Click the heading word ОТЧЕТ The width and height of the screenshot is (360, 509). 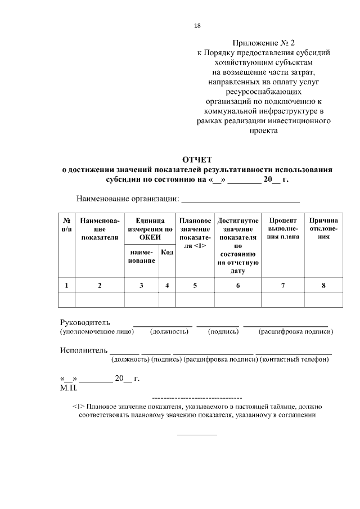coord(197,160)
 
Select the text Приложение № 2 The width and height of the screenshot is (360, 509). coord(263,43)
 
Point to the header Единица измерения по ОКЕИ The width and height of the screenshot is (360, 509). coord(150,229)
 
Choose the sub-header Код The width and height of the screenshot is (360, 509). coord(167,253)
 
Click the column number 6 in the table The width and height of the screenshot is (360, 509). coord(238,285)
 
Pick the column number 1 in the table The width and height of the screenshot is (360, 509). coord(66,285)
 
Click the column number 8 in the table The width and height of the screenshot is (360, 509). coord(323,285)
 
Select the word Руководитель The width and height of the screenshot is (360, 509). coord(85,323)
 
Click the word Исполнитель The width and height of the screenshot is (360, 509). coord(83,351)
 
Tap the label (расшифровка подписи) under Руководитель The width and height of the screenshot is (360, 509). coord(295,332)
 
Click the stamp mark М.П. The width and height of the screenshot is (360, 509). coord(69,388)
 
